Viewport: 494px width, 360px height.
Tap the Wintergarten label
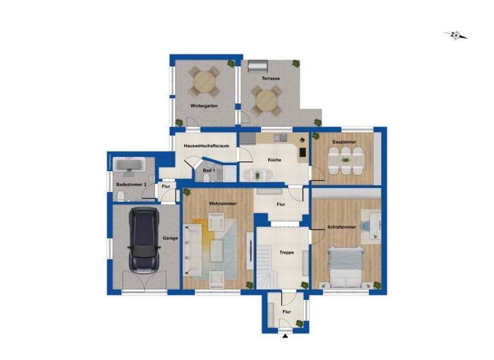203,105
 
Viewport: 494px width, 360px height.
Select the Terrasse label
270,78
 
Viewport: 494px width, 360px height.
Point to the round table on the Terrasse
266,100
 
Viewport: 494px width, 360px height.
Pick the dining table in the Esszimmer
345,160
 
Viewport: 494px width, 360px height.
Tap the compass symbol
456,35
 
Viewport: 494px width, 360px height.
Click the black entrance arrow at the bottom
285,336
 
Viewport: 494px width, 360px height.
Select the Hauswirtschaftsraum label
206,146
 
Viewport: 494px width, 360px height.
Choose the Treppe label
286,253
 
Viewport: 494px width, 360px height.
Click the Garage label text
170,238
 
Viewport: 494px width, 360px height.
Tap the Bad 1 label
208,171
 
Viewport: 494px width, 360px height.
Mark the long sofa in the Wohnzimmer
191,251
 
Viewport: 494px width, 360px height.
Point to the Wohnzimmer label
223,204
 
